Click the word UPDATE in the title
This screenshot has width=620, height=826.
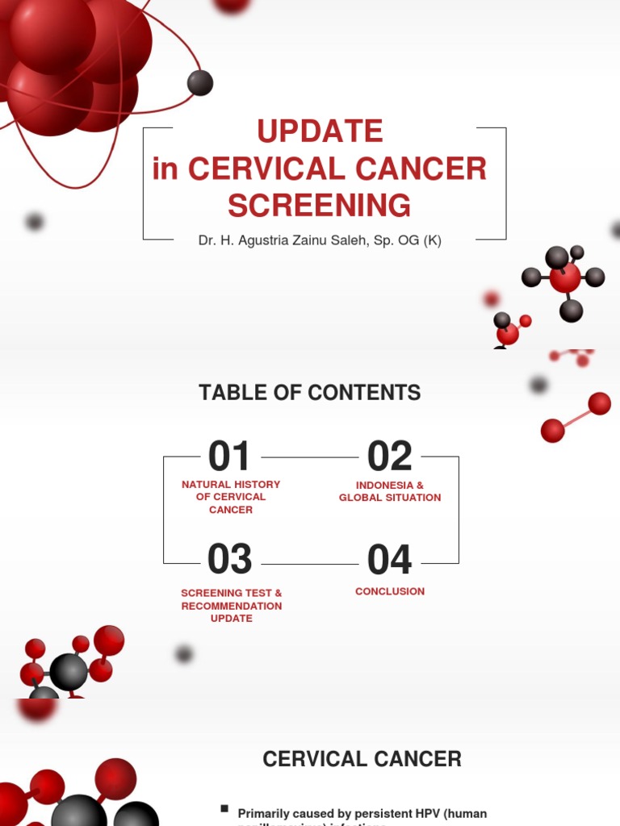320,131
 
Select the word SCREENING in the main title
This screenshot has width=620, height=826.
320,206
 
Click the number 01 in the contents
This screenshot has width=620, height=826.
229,457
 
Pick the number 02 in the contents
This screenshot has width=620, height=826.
390,457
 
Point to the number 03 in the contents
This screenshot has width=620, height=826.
229,559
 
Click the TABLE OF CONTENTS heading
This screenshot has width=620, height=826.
310,393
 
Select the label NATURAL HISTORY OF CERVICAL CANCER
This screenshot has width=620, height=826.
231,497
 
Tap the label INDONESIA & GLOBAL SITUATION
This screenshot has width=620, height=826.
390,491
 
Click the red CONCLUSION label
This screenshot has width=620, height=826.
390,591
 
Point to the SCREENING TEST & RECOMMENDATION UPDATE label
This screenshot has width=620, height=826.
232,605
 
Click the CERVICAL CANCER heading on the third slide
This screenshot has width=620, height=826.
362,759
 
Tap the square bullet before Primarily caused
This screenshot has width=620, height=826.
224,809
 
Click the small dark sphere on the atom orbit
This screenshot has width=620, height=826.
200,82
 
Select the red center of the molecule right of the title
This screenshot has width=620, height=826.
565,277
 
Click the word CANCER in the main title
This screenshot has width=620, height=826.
429,169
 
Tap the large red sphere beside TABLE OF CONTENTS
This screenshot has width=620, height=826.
599,403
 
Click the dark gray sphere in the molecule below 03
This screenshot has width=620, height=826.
69,671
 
